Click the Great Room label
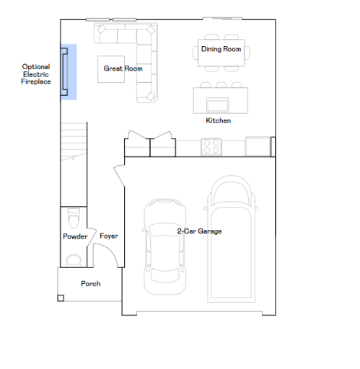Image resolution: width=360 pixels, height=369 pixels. [x=123, y=69]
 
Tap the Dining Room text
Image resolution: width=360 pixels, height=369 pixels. [x=221, y=50]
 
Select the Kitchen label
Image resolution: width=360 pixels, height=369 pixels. [x=218, y=120]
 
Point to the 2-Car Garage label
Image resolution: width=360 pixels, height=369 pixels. [x=199, y=231]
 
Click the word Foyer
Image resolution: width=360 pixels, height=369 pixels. [x=109, y=236]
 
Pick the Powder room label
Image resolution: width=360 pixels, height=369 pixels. [x=75, y=236]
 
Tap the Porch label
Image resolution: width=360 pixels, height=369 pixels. [x=90, y=284]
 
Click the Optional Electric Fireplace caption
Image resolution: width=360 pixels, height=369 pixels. [x=36, y=75]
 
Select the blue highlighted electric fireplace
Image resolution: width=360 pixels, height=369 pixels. [x=69, y=71]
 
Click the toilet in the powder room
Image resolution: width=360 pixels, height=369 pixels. [x=73, y=216]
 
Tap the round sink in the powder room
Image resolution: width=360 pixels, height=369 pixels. [x=73, y=259]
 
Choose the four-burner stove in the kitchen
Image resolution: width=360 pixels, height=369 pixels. [x=211, y=147]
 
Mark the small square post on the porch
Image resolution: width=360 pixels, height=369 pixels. [x=61, y=297]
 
